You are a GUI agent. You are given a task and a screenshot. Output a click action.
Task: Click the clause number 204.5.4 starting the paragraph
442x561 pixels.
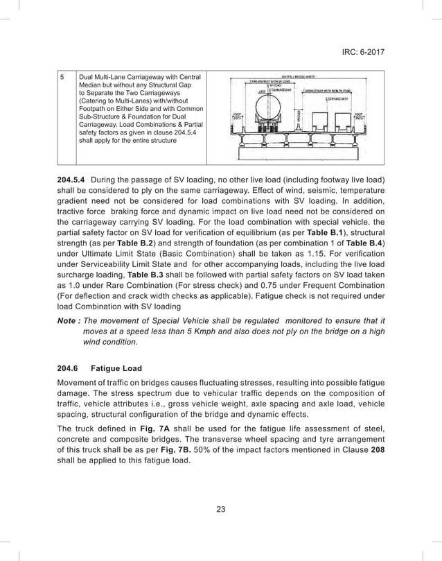click(x=71, y=180)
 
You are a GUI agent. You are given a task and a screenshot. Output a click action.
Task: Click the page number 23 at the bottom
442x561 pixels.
click(x=221, y=510)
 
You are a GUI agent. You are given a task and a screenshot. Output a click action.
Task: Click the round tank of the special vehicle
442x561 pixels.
click(x=269, y=108)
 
